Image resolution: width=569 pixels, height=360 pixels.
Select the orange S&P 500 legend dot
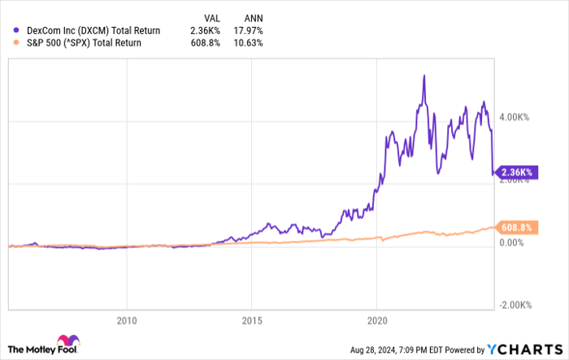(17, 43)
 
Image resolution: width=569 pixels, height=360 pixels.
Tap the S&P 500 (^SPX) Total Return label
(85, 43)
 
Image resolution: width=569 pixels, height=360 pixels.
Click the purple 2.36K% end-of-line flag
(516, 171)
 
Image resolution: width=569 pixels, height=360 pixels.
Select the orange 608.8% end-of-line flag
(516, 228)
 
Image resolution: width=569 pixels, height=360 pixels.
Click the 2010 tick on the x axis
(126, 320)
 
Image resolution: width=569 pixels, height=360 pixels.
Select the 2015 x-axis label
(252, 320)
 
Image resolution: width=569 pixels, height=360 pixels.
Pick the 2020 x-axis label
(377, 320)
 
